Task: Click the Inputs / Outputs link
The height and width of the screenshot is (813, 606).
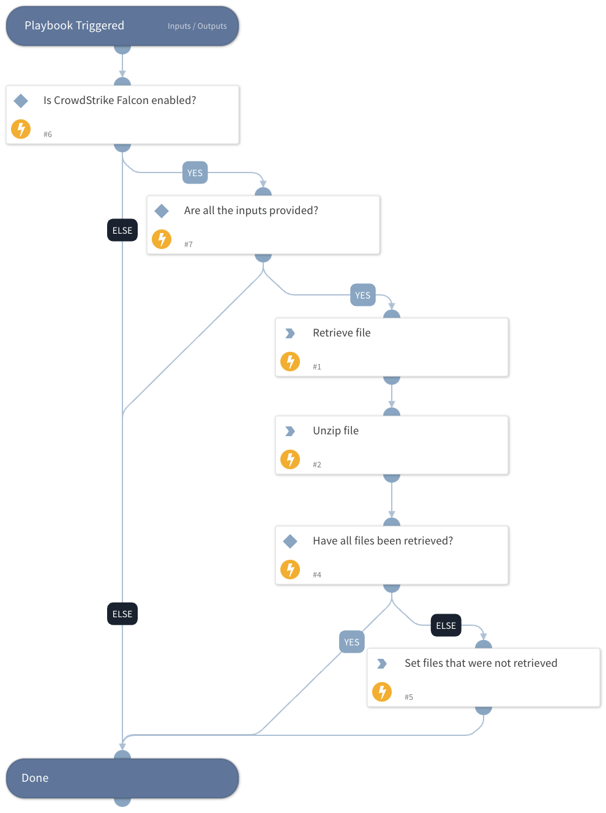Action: coord(197,26)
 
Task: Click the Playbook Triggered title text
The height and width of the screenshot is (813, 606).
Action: coord(74,26)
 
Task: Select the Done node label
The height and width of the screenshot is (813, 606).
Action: coord(35,778)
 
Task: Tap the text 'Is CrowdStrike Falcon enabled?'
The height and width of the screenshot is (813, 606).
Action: coord(119,100)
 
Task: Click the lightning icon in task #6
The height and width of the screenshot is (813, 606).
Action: coord(21,129)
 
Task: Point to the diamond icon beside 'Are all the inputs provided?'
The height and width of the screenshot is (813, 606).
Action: coord(162,211)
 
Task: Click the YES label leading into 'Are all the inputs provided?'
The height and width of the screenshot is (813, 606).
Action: coord(195,173)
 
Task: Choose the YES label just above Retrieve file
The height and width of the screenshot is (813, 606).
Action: coord(362,295)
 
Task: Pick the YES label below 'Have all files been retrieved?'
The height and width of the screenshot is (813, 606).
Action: coord(351,642)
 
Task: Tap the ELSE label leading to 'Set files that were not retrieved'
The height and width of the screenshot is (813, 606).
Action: coord(446,626)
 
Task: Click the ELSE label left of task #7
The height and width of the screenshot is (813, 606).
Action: coord(122,231)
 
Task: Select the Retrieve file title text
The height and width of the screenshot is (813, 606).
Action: coord(342,333)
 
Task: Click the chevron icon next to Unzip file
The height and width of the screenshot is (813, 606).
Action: coord(290,431)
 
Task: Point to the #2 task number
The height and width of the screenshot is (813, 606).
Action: coord(317,465)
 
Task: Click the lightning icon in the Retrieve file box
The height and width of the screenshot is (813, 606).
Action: coord(290,362)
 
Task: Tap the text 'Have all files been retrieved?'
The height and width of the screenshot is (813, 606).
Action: coord(383,541)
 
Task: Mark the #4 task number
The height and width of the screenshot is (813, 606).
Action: coord(317,575)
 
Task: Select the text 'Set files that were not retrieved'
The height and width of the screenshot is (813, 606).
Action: coord(481,663)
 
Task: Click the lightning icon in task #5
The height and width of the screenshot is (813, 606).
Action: coord(382,692)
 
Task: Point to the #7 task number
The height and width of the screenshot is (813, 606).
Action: coord(189,245)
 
